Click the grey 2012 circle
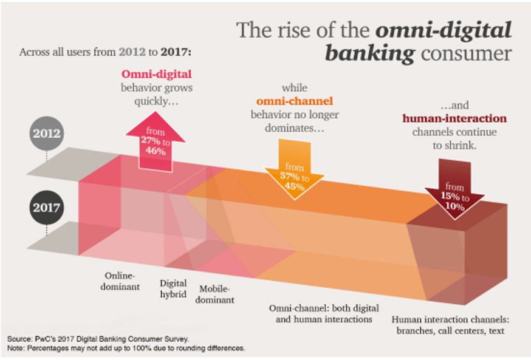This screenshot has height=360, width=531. [46, 133]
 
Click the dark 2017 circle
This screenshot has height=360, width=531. [46, 207]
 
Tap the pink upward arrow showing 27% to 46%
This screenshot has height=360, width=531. [156, 141]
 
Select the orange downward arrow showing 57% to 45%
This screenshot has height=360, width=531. [294, 169]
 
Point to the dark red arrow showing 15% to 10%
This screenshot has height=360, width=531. [454, 189]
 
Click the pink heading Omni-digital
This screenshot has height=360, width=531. [157, 74]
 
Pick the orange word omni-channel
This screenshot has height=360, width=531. [295, 101]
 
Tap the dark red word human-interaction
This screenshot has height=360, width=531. [454, 118]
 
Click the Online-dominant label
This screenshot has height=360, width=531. [120, 281]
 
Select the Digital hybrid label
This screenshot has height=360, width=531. [173, 288]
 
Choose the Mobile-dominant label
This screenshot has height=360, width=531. [214, 294]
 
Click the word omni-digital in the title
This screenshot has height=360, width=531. [444, 30]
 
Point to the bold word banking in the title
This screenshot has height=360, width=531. [369, 54]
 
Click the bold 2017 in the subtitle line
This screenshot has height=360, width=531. [176, 52]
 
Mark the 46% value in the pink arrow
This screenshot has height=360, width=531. [156, 151]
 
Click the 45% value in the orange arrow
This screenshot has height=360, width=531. [294, 186]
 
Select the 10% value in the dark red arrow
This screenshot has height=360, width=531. [454, 206]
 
